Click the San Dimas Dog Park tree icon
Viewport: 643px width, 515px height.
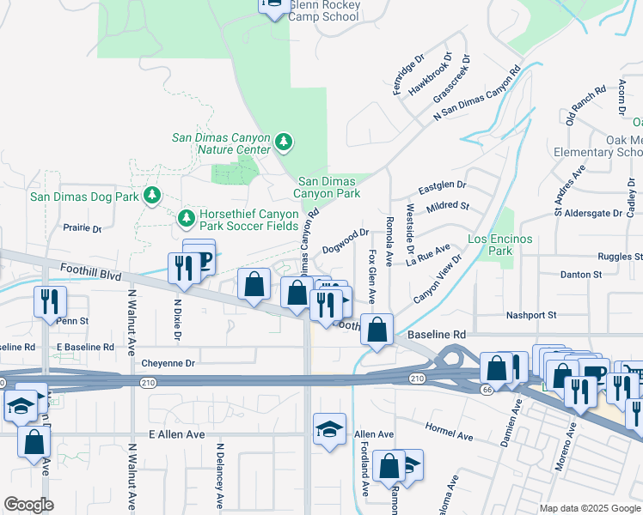click(152, 197)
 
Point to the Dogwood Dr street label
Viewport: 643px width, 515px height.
click(346, 240)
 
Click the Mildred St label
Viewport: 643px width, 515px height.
click(448, 207)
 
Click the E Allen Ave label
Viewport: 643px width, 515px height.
click(177, 434)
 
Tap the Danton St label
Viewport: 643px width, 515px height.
click(582, 275)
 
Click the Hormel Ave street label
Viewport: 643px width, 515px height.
click(449, 431)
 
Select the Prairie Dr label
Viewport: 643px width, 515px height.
click(83, 229)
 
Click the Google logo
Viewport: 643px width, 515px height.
click(28, 504)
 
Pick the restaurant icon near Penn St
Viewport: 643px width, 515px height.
click(50, 301)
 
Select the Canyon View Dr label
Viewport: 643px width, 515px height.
click(438, 277)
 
